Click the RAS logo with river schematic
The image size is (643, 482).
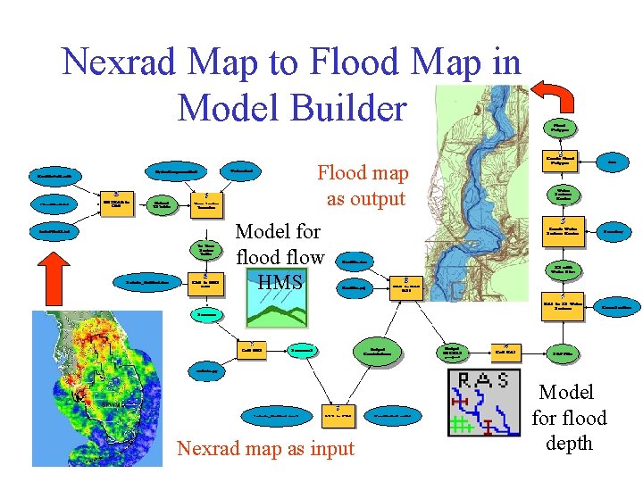pos(483,403)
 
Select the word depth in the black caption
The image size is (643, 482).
pos(569,444)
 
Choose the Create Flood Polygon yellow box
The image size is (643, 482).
pos(564,162)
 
